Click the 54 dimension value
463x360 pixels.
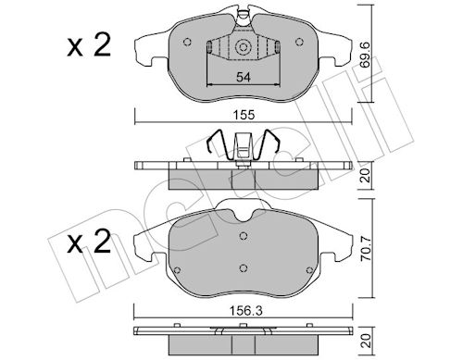pyautogui.click(x=244, y=77)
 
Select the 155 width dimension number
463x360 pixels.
pyautogui.click(x=244, y=115)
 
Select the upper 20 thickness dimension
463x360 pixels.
pyautogui.click(x=367, y=177)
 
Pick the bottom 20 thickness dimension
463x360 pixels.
pyautogui.click(x=367, y=341)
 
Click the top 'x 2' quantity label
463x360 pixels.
pyautogui.click(x=89, y=45)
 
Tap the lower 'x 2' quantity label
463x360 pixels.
pyautogui.click(x=89, y=242)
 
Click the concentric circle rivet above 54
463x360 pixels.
pyautogui.click(x=243, y=47)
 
